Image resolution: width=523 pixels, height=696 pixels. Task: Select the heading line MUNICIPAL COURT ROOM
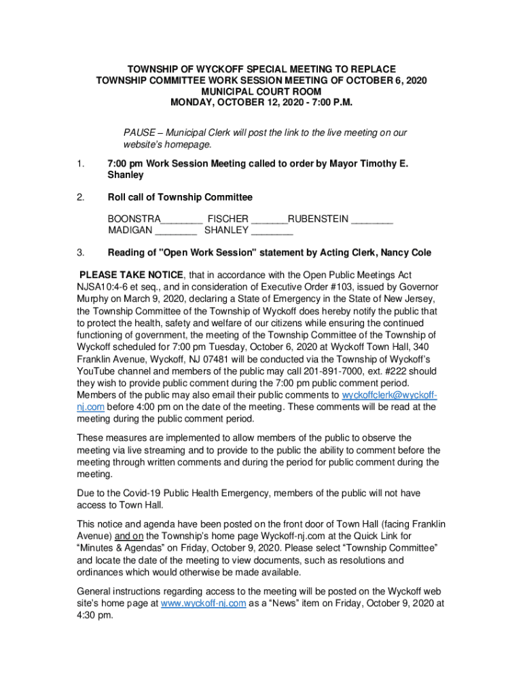tap(261, 91)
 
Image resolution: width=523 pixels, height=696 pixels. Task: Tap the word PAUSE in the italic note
tap(138, 133)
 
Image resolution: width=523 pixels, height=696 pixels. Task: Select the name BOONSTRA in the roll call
tap(134, 219)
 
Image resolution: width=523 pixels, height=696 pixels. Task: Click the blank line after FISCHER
tap(270, 219)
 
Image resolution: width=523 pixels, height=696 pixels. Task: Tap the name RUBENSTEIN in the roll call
tap(319, 219)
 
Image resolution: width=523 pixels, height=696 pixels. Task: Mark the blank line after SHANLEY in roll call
tap(272, 230)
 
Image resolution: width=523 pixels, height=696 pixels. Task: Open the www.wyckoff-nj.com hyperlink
tap(203, 602)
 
